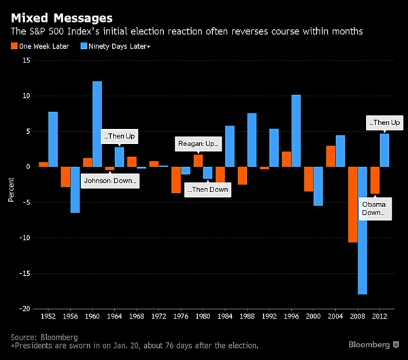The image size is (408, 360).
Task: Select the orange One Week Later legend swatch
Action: (14, 46)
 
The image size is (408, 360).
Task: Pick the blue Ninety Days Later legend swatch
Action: (84, 46)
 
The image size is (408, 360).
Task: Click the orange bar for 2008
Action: (352, 204)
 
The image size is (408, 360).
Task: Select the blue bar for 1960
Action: (97, 124)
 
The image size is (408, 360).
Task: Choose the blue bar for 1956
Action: (75, 190)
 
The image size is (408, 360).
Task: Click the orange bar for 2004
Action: (330, 156)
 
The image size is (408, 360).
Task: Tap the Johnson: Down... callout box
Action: (110, 181)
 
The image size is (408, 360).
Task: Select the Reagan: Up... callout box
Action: (198, 144)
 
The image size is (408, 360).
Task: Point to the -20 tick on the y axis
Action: (26, 308)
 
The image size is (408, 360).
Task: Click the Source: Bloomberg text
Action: (45, 336)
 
